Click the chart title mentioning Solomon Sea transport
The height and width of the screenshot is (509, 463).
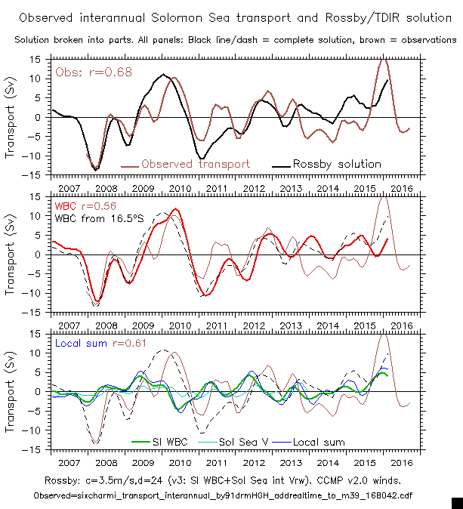231,17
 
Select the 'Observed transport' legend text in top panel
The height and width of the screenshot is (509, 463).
196,164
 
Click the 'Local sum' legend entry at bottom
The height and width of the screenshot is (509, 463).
318,442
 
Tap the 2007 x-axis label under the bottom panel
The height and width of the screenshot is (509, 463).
69,462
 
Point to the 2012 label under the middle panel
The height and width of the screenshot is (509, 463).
253,325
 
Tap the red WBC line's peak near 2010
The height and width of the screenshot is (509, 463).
176,209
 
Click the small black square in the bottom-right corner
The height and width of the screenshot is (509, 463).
456,502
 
